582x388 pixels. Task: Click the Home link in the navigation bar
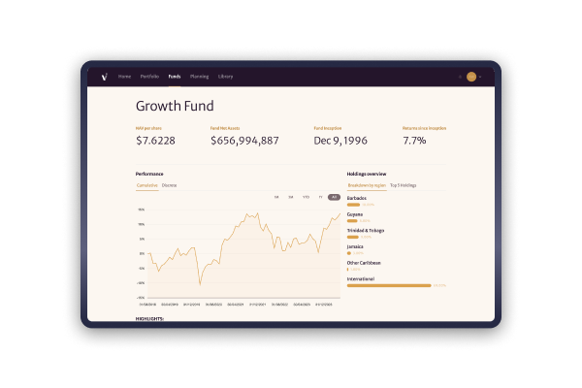coord(124,76)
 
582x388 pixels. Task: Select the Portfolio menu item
coord(149,76)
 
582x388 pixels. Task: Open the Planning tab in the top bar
coord(199,76)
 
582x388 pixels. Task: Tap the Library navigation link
coord(225,76)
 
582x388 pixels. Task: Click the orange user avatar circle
coord(471,76)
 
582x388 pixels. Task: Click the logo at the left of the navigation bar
coord(104,76)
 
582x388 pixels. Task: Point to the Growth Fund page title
coord(175,106)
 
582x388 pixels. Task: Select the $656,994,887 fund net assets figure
coord(244,141)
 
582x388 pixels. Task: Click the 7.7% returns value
coord(414,141)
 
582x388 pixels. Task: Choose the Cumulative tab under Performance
coord(146,184)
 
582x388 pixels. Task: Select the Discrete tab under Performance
coord(169,184)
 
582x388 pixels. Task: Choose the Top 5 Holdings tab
coord(403,184)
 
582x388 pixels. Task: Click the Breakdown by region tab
coord(367,184)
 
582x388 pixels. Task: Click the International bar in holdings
coord(388,285)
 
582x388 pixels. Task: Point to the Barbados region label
coord(356,198)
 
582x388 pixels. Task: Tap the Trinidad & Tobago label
coord(365,230)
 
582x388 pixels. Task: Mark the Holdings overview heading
coord(367,173)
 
